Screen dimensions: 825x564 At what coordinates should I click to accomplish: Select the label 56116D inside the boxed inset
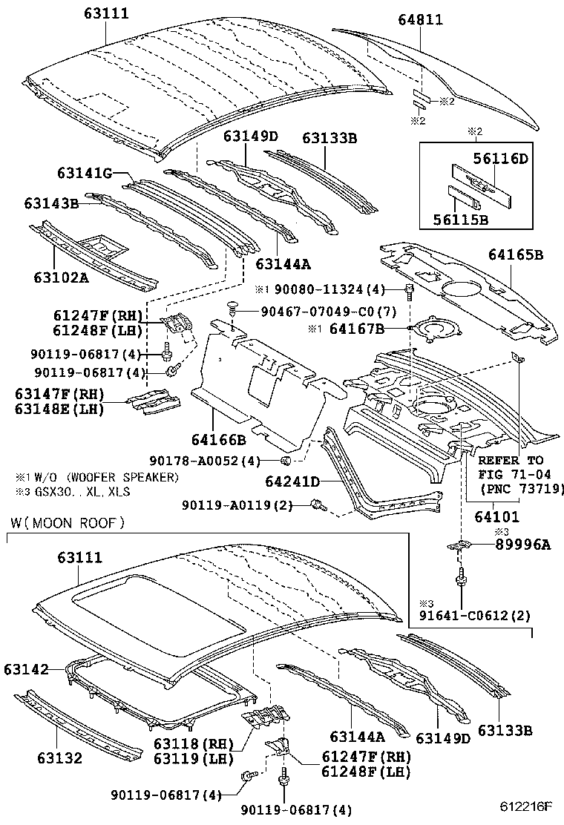point(501,158)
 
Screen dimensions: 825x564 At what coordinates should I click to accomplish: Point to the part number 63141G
point(84,174)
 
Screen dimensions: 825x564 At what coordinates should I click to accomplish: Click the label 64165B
point(516,255)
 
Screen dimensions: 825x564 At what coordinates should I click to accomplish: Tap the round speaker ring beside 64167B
point(433,327)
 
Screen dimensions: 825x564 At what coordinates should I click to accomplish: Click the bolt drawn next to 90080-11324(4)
point(410,290)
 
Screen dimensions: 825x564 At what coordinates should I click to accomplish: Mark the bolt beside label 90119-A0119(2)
point(319,506)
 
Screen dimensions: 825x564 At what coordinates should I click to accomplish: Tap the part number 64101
point(497,517)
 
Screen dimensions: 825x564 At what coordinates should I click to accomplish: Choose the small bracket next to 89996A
point(461,545)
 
